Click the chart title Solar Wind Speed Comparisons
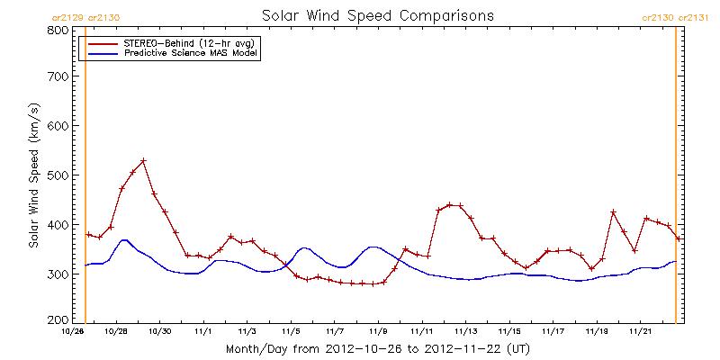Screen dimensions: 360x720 [x=377, y=16]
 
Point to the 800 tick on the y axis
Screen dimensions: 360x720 [x=57, y=30]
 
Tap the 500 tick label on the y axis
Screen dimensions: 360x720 [x=57, y=175]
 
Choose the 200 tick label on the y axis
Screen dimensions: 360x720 [x=57, y=319]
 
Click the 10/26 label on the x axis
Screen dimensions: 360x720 [x=73, y=330]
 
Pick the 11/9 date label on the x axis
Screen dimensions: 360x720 [x=379, y=330]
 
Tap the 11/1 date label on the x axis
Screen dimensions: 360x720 [x=204, y=330]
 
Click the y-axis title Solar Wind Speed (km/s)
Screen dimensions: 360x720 [x=33, y=175]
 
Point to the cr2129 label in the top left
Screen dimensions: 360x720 [x=67, y=17]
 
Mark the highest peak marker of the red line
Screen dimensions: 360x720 [x=143, y=161]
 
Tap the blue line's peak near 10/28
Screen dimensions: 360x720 [x=124, y=239]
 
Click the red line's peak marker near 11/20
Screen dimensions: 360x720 [x=613, y=212]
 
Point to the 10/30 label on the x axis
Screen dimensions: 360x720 [x=160, y=330]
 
